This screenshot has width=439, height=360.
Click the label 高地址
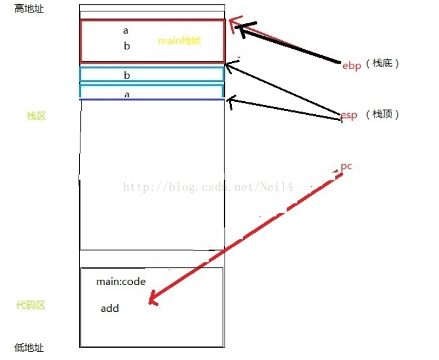pos(29,10)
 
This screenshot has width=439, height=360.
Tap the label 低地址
pos(29,348)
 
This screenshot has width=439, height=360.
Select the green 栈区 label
pos(36,116)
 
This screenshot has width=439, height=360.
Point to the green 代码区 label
pos(30,305)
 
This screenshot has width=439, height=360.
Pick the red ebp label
pos(351,65)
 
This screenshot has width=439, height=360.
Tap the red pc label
pos(346,166)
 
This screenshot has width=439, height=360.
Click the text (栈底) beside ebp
pos(382,64)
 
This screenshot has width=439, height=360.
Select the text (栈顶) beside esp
pos(382,115)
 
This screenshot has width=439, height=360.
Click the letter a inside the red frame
pos(126,30)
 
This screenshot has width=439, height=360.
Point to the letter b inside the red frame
pos(126,46)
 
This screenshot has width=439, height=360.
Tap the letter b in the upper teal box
pos(126,76)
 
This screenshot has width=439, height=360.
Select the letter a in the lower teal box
pos(126,94)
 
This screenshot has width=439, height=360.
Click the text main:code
pos(121,282)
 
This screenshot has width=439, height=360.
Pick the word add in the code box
pos(110,308)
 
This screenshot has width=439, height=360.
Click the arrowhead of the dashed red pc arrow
pos(152,299)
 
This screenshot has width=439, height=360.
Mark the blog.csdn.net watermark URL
pos(208,187)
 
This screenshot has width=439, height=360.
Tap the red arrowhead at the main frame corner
pos(233,23)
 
